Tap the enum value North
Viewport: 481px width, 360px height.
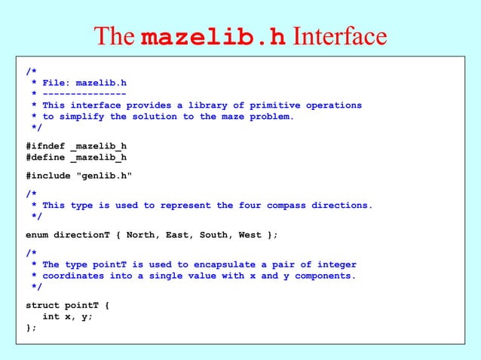point(143,234)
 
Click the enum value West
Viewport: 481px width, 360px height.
point(250,234)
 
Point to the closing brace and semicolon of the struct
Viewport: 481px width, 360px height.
point(31,328)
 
